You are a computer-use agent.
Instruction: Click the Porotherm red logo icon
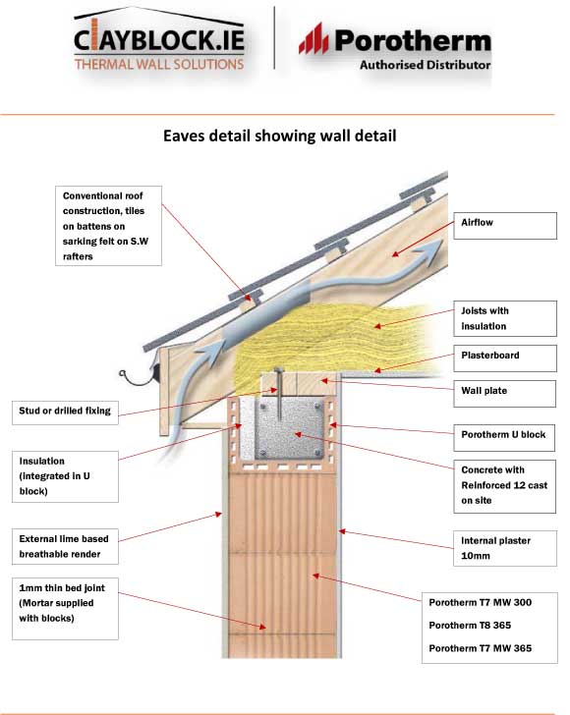(313, 40)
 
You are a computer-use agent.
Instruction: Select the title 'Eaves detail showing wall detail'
(279, 137)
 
